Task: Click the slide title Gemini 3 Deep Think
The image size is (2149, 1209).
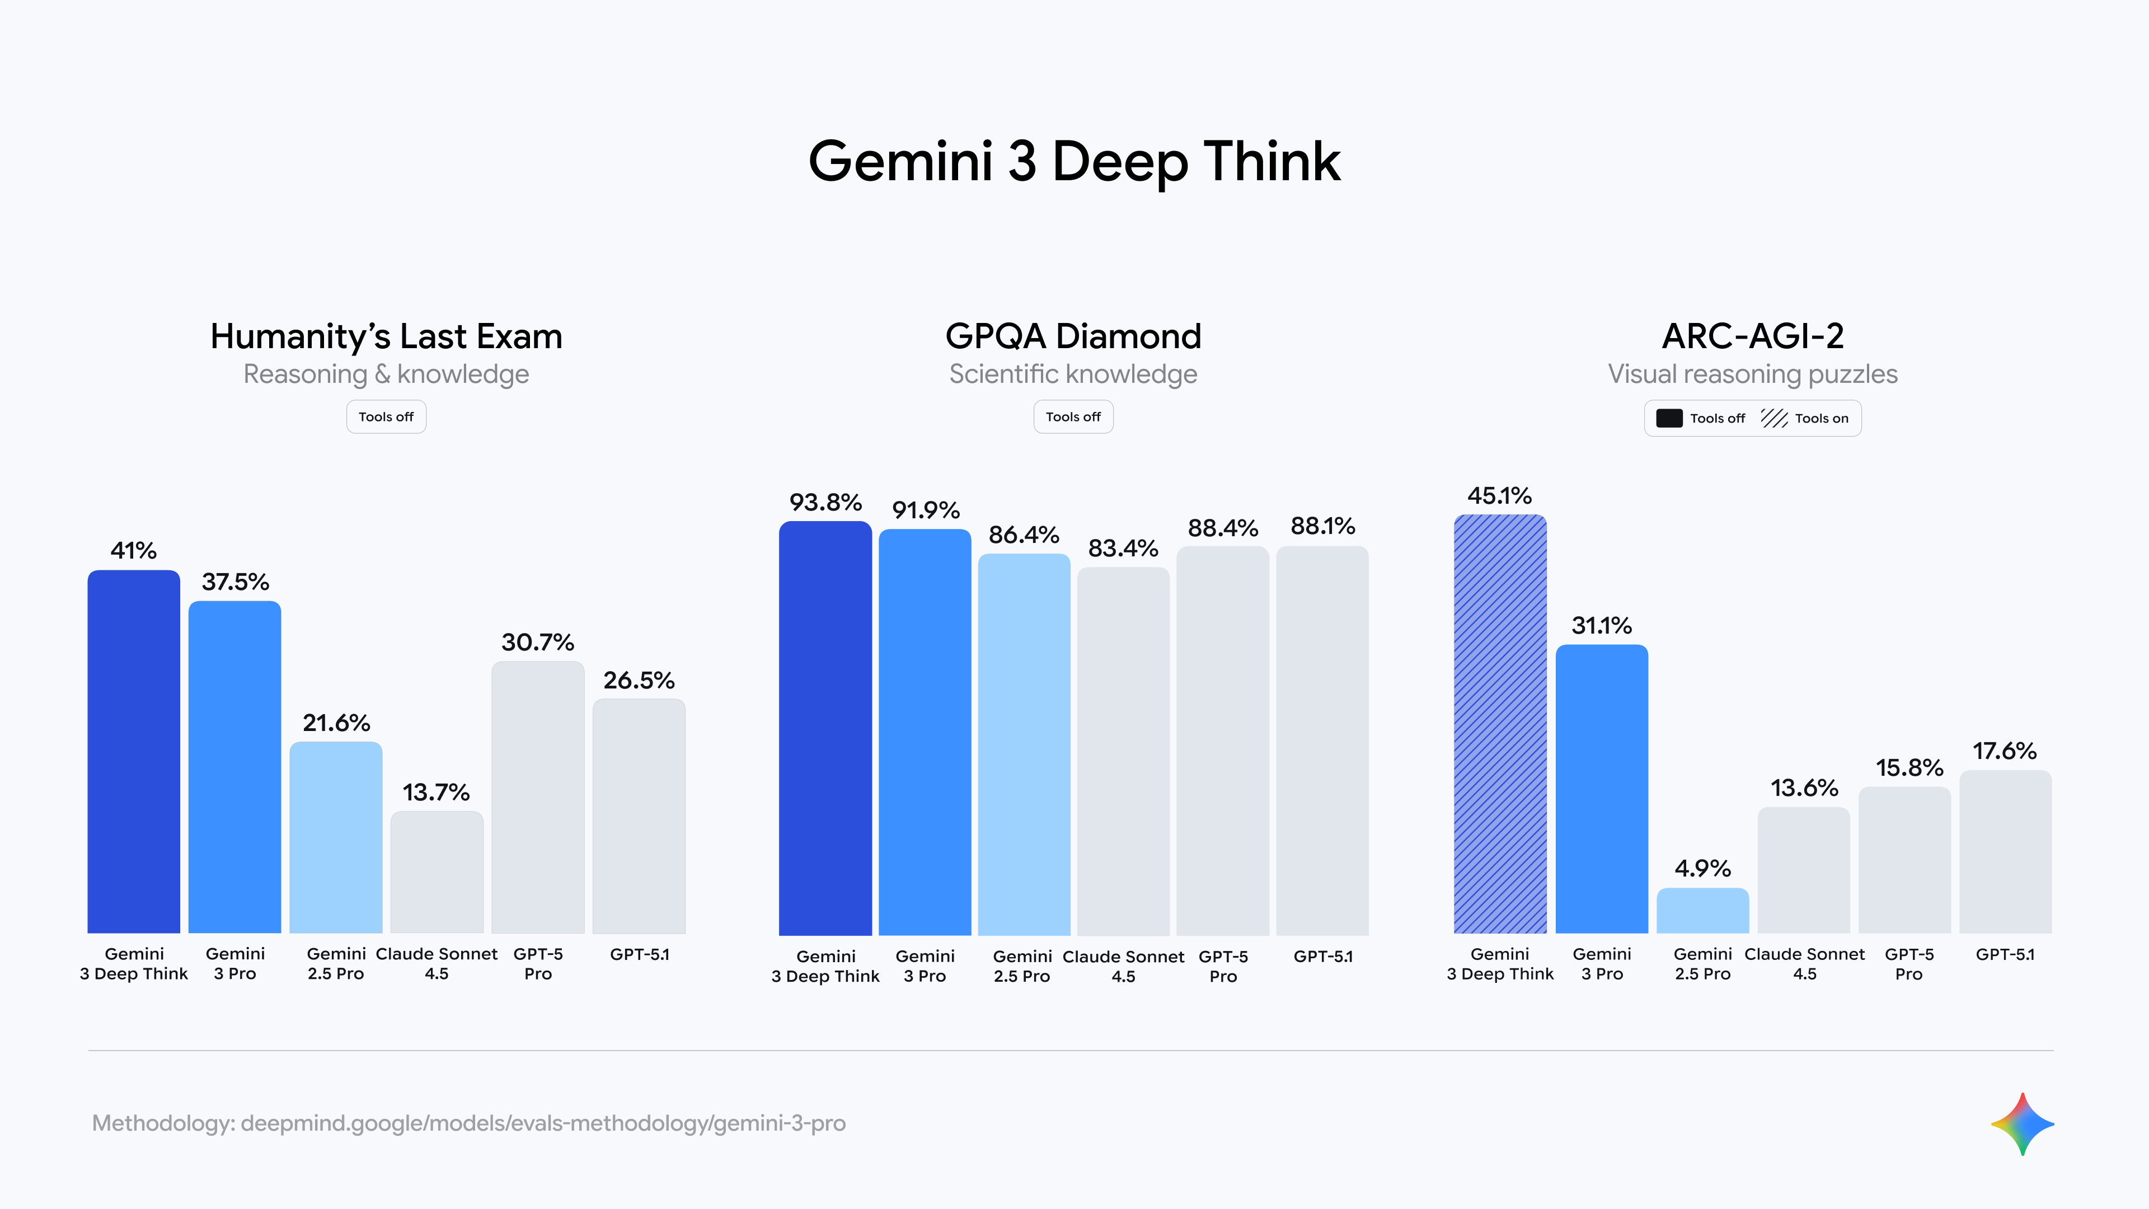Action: click(1074, 161)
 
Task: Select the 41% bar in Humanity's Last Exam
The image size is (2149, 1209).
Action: click(134, 751)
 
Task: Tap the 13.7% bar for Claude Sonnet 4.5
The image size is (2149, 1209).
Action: click(437, 872)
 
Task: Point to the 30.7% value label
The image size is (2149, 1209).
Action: click(537, 643)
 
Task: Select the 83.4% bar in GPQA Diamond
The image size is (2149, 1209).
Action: click(1123, 751)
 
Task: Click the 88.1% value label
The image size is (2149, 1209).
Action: click(1322, 527)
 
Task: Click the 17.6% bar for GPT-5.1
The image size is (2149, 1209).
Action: click(2005, 851)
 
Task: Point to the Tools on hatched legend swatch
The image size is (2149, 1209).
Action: click(1773, 418)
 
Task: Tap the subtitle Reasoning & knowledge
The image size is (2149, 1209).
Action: click(386, 374)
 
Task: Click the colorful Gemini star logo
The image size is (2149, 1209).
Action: click(2022, 1124)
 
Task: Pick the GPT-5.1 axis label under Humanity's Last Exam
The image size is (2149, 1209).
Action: click(639, 954)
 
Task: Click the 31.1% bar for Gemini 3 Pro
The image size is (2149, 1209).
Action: click(1601, 789)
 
